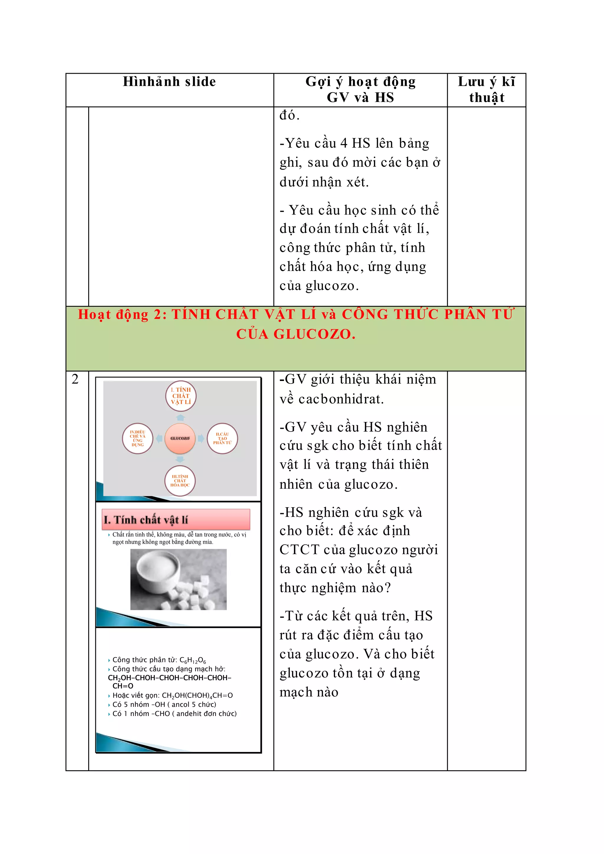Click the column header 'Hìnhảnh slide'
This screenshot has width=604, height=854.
pyautogui.click(x=169, y=81)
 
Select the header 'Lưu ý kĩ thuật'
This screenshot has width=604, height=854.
pyautogui.click(x=486, y=89)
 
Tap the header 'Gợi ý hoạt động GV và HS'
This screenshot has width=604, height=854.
pyautogui.click(x=360, y=89)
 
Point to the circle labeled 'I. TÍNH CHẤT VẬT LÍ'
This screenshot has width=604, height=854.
pyautogui.click(x=181, y=396)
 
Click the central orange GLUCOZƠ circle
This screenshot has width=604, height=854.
pyautogui.click(x=180, y=438)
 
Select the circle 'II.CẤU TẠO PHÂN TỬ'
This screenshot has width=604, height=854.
pyautogui.click(x=222, y=438)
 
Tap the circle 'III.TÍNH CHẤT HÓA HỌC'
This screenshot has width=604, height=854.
pyautogui.click(x=180, y=481)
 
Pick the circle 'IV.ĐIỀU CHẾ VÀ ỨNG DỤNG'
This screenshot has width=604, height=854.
pyautogui.click(x=138, y=438)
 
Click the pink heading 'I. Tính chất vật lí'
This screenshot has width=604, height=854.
pyautogui.click(x=175, y=519)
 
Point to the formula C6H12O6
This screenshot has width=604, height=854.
pyautogui.click(x=193, y=660)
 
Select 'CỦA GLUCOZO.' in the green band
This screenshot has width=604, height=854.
pyautogui.click(x=296, y=334)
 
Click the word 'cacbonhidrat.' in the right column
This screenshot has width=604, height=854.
pyautogui.click(x=341, y=399)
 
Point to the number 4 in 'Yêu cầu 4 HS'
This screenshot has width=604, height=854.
pyautogui.click(x=344, y=143)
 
